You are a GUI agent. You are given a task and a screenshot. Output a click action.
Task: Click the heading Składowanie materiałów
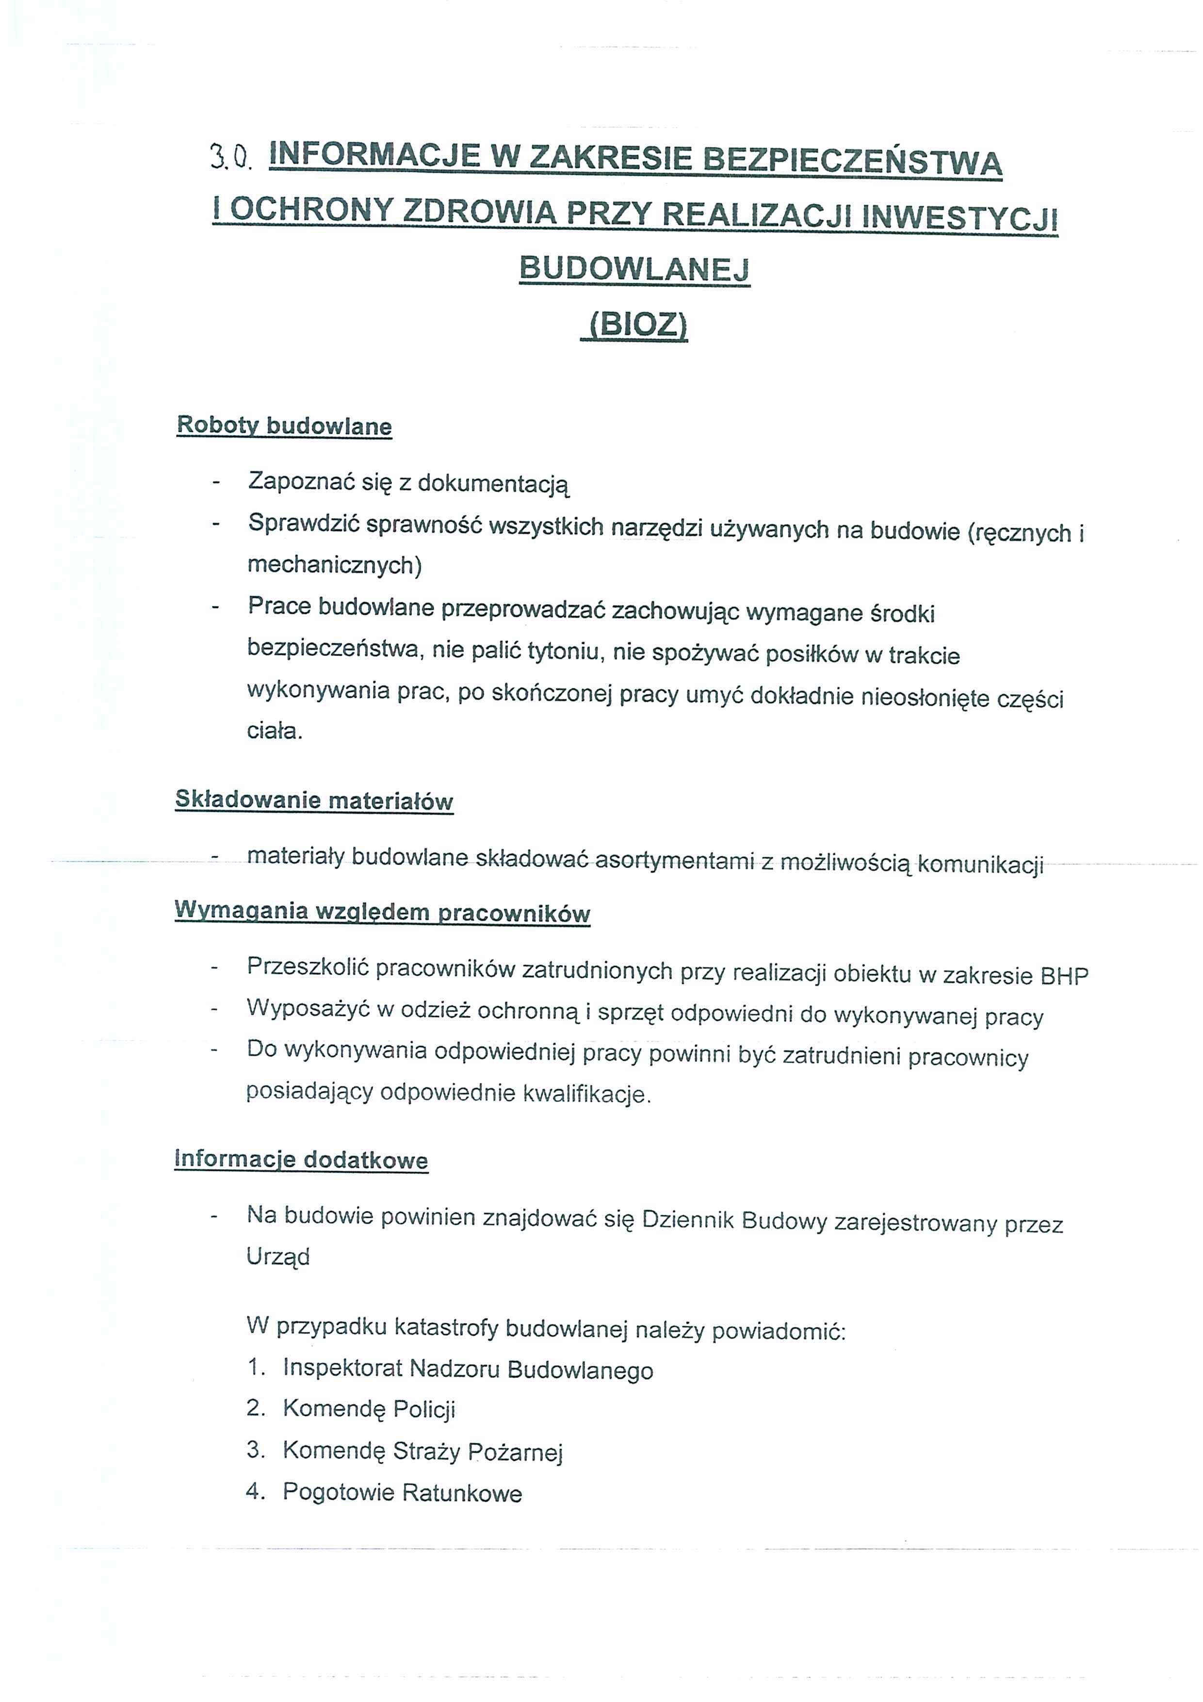click(x=313, y=801)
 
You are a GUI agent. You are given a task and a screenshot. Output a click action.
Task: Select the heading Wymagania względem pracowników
click(x=382, y=912)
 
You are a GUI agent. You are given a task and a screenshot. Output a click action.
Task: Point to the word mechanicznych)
click(x=334, y=565)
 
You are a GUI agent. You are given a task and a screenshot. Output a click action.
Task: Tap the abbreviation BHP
click(x=1064, y=976)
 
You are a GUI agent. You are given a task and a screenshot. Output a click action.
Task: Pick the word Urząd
click(x=278, y=1257)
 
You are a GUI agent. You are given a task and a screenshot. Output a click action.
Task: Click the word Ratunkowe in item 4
click(x=462, y=1492)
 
